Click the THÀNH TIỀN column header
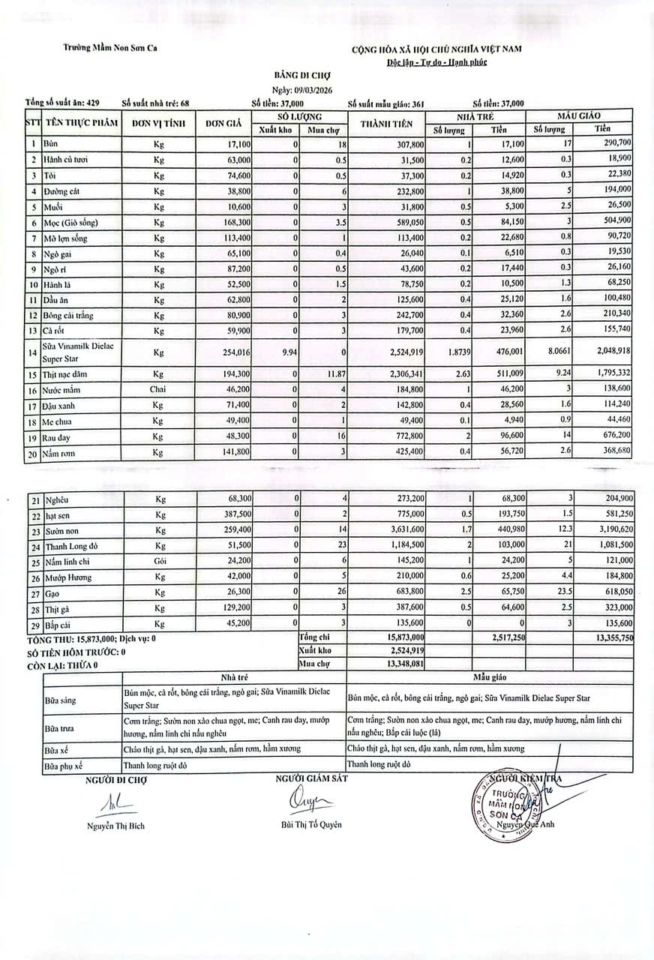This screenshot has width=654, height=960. click(385, 124)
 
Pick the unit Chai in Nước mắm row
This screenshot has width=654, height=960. click(159, 391)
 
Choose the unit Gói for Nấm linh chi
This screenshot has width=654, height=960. click(159, 560)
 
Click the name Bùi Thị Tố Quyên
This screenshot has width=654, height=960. click(306, 825)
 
